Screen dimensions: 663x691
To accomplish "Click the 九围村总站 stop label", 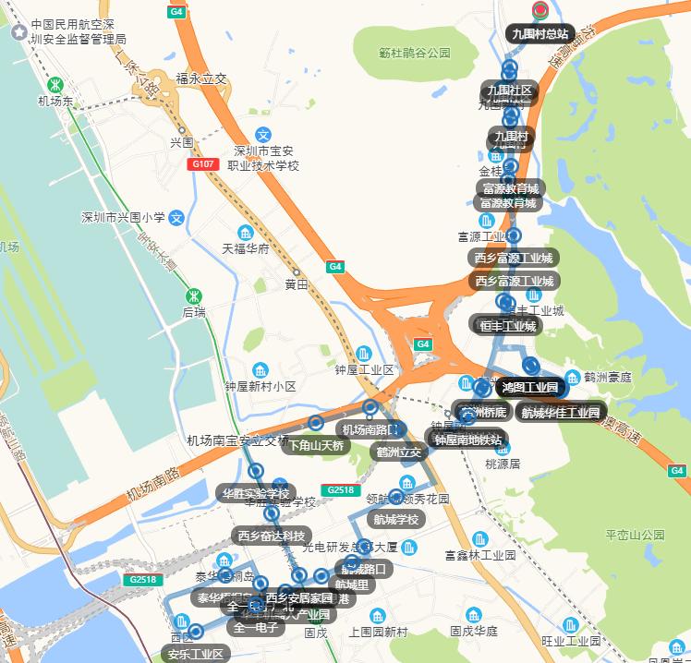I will click(x=541, y=34).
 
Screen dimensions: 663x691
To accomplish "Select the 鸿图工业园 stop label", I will click(x=530, y=386).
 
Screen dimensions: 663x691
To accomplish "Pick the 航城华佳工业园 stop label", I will click(x=560, y=412).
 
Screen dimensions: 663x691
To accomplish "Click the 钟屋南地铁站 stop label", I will click(x=468, y=439).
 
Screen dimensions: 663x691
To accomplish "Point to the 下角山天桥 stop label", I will click(x=316, y=445).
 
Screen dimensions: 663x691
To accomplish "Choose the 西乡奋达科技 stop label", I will click(x=271, y=536).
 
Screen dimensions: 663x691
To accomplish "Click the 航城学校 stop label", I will click(x=396, y=519).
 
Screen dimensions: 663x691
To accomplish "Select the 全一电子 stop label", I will click(x=256, y=628).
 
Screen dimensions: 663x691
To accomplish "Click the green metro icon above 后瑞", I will click(x=194, y=296).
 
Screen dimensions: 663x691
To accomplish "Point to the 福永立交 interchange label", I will click(x=200, y=79).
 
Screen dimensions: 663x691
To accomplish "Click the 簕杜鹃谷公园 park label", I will click(x=414, y=54).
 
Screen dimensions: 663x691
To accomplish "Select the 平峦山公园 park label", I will click(x=635, y=535).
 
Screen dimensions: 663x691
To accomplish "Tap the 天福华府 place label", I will click(x=245, y=248).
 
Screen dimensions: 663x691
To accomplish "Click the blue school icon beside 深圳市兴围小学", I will click(x=177, y=219).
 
